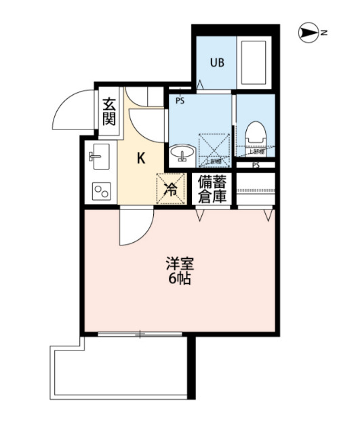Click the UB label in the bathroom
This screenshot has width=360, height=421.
click(x=216, y=63)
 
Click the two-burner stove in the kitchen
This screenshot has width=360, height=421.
click(x=101, y=191)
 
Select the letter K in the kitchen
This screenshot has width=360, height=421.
click(x=141, y=159)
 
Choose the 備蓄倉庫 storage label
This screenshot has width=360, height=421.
click(x=212, y=189)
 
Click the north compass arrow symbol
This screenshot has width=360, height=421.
click(x=308, y=32)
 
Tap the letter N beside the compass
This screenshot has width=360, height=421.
click(x=324, y=32)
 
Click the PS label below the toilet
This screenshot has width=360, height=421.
click(x=256, y=165)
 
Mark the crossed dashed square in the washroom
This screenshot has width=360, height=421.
click(x=214, y=149)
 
